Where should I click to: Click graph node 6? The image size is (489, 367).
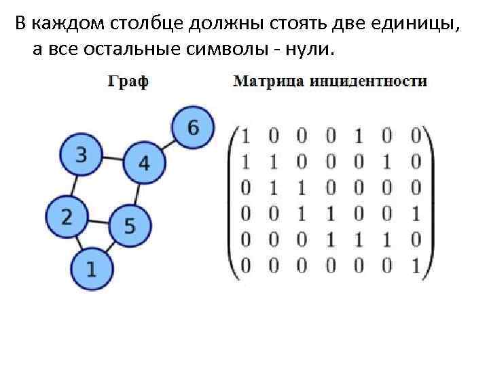click(x=193, y=127)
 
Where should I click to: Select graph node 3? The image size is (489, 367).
click(x=81, y=156)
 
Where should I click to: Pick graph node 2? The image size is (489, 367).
click(x=67, y=217)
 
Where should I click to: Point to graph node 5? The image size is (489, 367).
click(x=129, y=225)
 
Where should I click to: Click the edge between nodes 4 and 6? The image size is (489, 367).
click(x=168, y=145)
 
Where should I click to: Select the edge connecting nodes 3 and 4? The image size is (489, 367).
click(x=112, y=160)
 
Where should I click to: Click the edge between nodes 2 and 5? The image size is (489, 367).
click(x=98, y=222)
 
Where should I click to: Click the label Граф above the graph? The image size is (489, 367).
click(x=128, y=83)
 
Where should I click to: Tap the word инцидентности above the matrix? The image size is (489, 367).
click(x=369, y=83)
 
